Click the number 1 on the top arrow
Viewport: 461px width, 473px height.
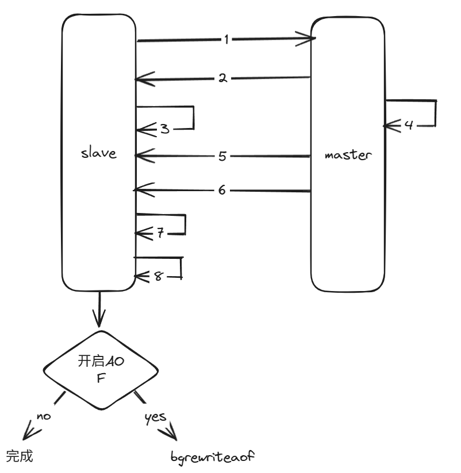(x=226, y=39)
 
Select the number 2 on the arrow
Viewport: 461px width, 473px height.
(x=222, y=79)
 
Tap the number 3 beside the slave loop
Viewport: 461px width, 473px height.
(x=165, y=129)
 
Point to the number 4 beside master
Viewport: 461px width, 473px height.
(x=409, y=125)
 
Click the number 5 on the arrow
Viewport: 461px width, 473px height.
(x=222, y=155)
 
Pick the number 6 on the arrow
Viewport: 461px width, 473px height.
(x=222, y=190)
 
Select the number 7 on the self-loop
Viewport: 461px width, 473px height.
(x=161, y=232)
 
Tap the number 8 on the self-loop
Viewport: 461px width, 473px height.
(x=158, y=276)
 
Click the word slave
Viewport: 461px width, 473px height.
(x=99, y=153)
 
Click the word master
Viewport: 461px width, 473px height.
(x=348, y=155)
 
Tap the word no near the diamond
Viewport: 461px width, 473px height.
(x=44, y=415)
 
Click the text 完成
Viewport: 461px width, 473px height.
(x=20, y=456)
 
